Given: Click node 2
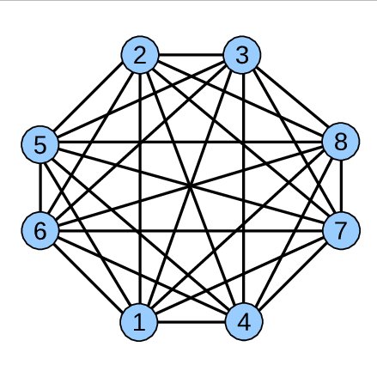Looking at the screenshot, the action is pos(140,55).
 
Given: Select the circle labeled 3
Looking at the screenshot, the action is pos(242,55).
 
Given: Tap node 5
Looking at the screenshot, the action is pos(40,144).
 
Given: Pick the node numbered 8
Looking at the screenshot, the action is pos(341,142).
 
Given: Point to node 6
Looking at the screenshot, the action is pos(40,231).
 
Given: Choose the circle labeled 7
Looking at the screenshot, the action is pos(341,231).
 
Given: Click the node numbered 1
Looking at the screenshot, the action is pos(139,322).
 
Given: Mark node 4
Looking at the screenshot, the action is pos(244,322).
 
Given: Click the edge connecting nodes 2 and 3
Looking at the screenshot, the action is pos(191,55).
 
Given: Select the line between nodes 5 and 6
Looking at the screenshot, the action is pos(40,187).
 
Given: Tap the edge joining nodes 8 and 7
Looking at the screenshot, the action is pos(341,186).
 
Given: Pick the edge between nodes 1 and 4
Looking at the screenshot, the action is pos(192,322).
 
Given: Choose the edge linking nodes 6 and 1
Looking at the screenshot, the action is pos(89,277).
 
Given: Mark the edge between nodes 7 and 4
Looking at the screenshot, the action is pos(292,277).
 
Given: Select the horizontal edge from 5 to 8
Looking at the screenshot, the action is pos(190,142).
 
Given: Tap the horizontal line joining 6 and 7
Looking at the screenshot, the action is pos(191,231).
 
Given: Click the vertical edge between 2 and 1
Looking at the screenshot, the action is pos(140,188).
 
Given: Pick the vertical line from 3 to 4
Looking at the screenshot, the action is pos(243,188).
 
